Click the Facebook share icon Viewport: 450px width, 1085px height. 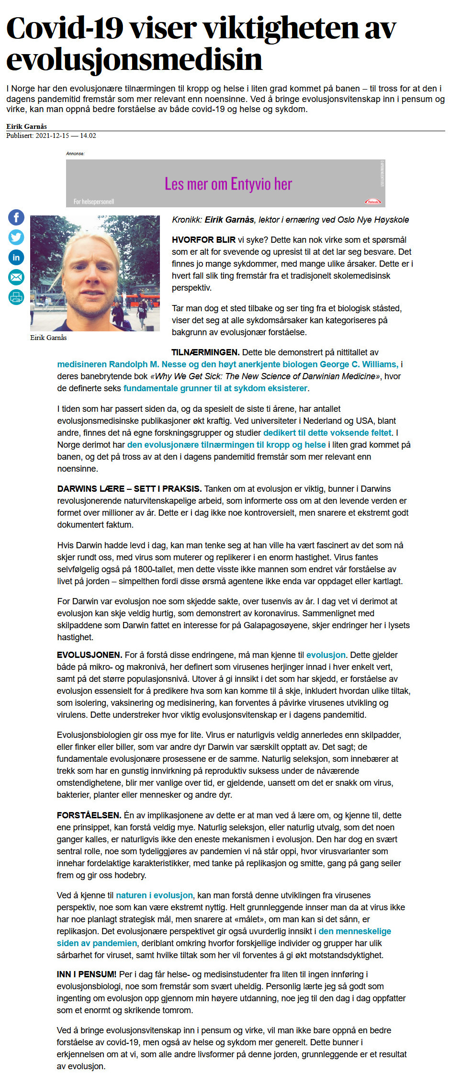16,217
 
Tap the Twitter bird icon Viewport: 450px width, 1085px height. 16,237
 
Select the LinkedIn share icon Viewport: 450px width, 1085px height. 16,257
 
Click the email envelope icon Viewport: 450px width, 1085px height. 16,277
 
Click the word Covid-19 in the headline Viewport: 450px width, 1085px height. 65,28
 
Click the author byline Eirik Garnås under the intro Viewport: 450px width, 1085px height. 26,126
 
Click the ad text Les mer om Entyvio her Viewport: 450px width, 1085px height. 228,184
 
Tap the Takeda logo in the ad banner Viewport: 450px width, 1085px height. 372,202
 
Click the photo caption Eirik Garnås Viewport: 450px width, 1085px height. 48,338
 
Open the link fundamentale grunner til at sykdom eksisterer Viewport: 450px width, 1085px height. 215,388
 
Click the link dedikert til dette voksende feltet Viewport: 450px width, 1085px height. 327,433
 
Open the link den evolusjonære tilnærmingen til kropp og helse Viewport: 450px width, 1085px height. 226,445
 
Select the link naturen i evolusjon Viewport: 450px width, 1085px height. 154,895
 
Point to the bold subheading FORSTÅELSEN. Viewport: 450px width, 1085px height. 89,815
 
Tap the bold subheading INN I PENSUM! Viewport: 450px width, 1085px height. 87,974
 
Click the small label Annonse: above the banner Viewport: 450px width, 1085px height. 75,154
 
